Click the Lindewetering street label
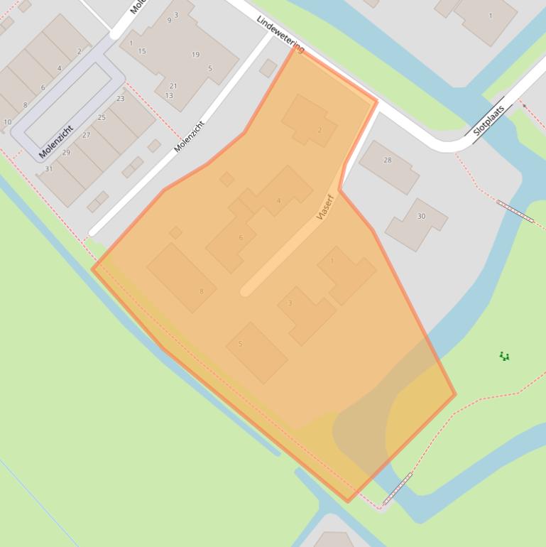[x=281, y=33]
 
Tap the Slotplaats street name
[x=488, y=121]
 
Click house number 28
[x=388, y=161]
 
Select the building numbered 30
[x=421, y=217]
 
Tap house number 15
[x=142, y=51]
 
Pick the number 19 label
[x=195, y=55]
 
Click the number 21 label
[x=173, y=86]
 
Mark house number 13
[x=169, y=96]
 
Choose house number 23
[x=121, y=99]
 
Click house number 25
[x=102, y=117]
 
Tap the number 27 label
[x=86, y=135]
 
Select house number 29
[x=66, y=153]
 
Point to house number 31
[x=49, y=169]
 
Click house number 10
[x=7, y=122]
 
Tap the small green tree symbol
[x=504, y=356]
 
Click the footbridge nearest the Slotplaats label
[x=515, y=211]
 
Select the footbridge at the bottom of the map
[x=398, y=489]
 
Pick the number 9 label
[x=169, y=20]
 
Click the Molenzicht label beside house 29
[x=56, y=141]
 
